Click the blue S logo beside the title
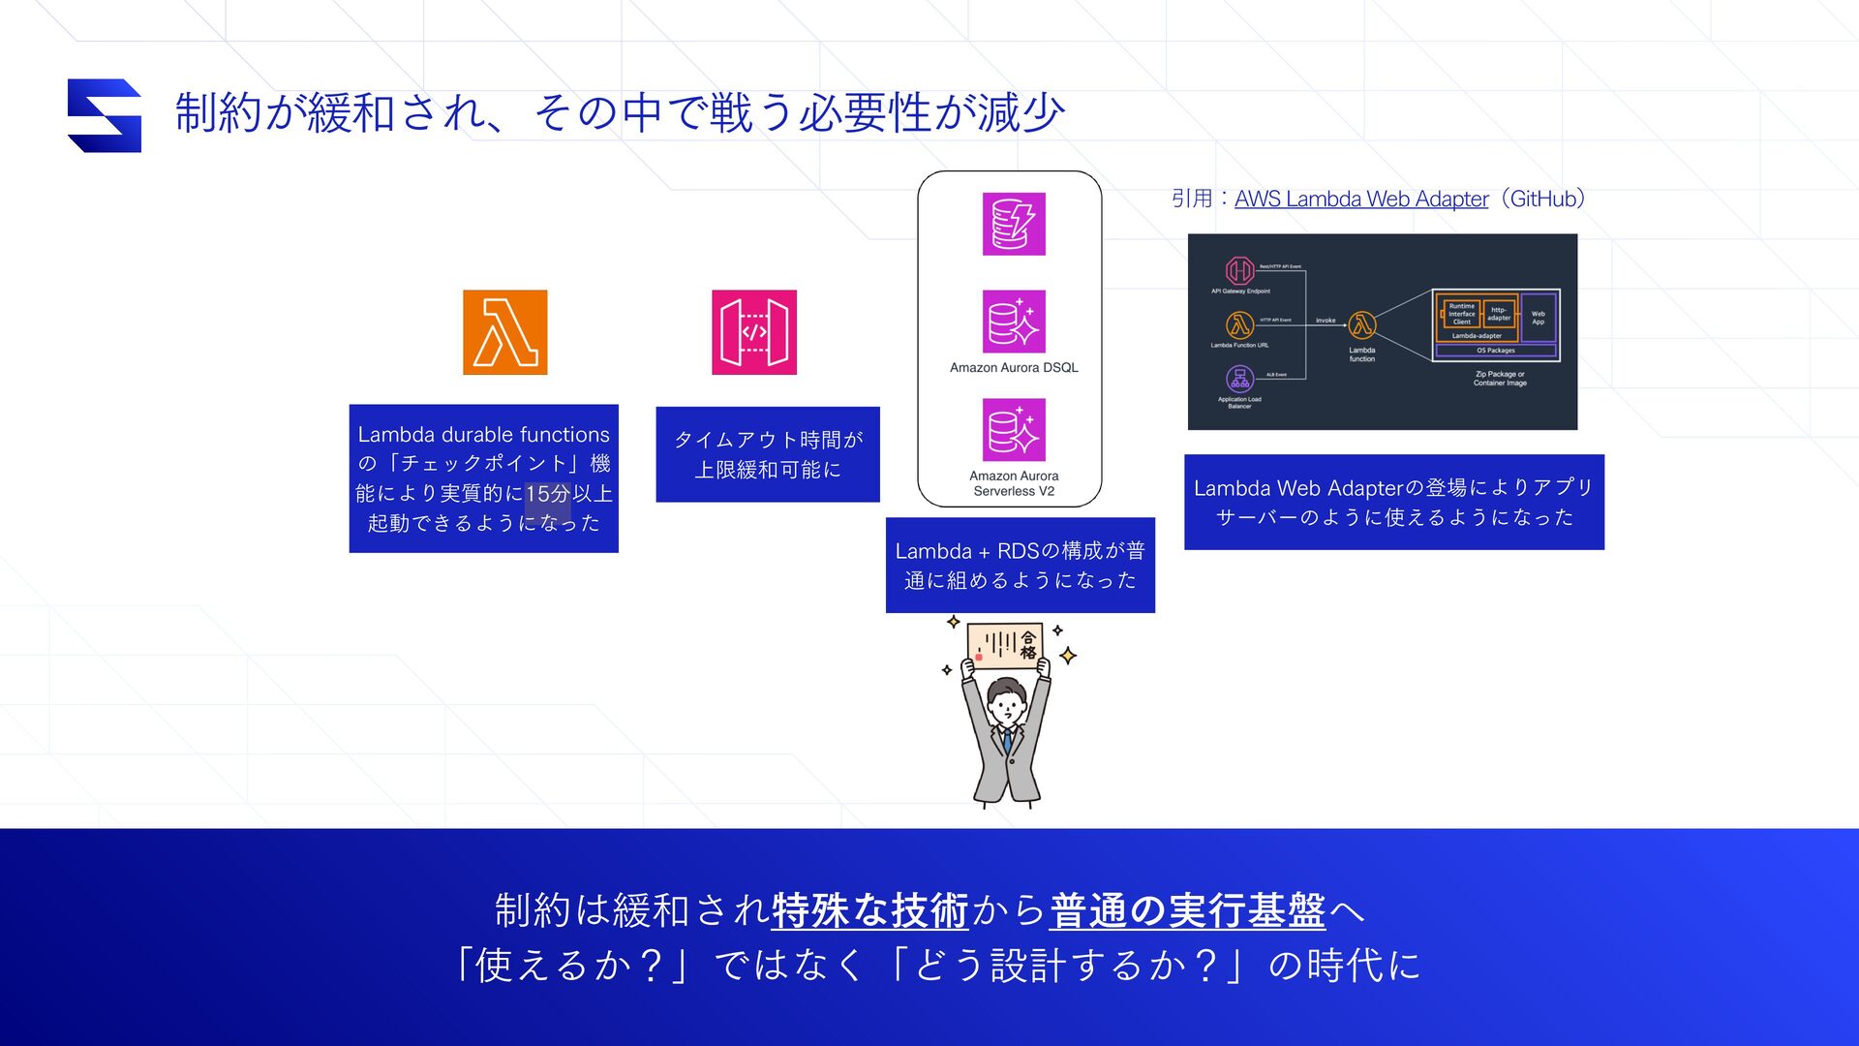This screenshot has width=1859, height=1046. point(105,115)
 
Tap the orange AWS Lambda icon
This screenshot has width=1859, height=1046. point(504,332)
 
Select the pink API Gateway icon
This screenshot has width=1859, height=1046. point(753,332)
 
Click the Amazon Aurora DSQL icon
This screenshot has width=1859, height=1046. point(1013,322)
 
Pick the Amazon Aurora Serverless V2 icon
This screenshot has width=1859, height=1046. point(1013,430)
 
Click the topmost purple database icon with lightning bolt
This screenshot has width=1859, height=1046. point(1013,224)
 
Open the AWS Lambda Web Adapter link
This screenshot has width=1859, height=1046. point(1360,200)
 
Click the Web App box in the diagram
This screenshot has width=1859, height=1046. point(1538,318)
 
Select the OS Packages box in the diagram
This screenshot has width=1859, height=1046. point(1495,351)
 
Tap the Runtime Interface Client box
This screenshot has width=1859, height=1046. point(1461,314)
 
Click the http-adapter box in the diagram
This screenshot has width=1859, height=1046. point(1499,314)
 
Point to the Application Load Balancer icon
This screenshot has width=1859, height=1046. point(1239,378)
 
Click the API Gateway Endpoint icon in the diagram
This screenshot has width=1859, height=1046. point(1239,270)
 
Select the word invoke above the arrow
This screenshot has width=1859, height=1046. point(1326,320)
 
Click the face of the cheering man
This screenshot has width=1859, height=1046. point(1007,704)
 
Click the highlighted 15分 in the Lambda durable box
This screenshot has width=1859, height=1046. point(547,494)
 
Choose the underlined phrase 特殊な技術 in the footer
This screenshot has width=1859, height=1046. point(869,910)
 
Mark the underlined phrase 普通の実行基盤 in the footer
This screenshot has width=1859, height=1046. point(1187,910)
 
